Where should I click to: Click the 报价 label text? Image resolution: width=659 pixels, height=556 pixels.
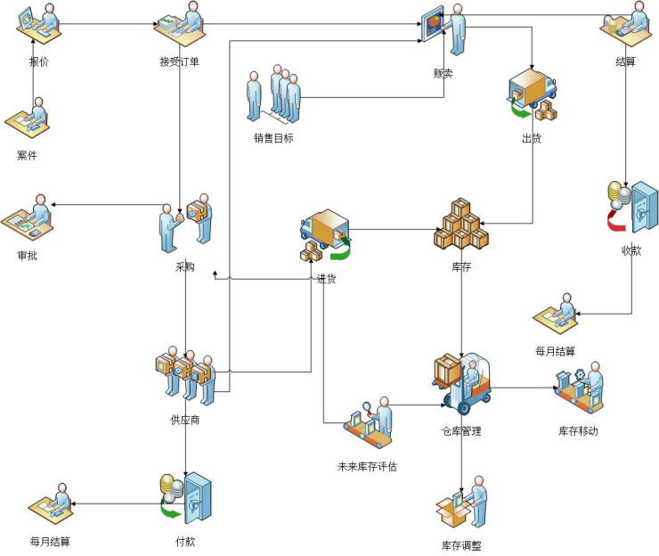[37, 61]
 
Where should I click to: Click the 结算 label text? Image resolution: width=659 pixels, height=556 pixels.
[625, 61]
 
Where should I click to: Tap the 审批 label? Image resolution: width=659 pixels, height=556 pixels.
[28, 256]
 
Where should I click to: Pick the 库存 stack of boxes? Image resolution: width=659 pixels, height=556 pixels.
[461, 225]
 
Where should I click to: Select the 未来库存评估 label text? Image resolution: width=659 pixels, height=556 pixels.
[367, 466]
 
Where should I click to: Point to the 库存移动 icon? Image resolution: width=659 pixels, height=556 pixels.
[579, 388]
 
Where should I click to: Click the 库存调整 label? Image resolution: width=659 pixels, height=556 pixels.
[460, 545]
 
